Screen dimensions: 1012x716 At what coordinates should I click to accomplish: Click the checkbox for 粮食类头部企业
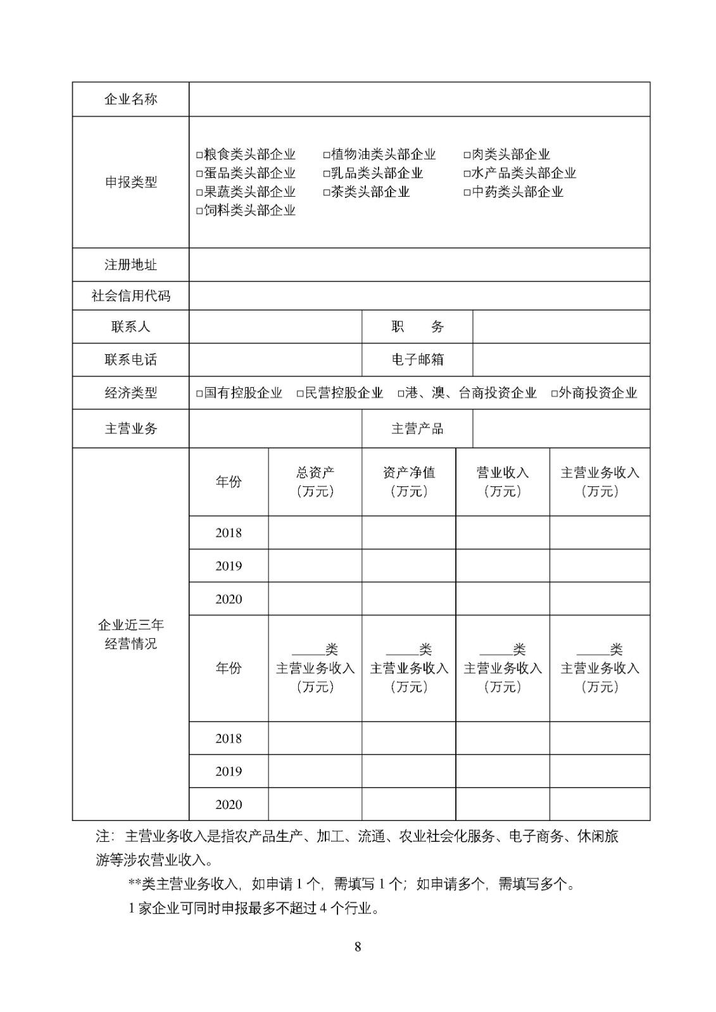point(199,155)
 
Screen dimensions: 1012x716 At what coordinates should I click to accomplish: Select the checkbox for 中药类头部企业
point(467,192)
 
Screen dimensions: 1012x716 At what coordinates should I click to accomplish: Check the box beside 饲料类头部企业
point(199,211)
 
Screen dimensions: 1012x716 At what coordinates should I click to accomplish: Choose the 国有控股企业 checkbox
point(199,393)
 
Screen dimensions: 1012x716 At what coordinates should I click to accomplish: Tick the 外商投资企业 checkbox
point(554,393)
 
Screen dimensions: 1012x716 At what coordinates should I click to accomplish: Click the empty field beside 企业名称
point(419,99)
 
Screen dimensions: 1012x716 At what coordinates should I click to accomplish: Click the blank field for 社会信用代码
point(419,295)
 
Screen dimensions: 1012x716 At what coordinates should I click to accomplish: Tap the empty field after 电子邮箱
point(561,360)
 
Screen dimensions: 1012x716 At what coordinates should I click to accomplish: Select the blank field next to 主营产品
point(561,429)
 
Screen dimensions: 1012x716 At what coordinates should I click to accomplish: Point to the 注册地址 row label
point(130,264)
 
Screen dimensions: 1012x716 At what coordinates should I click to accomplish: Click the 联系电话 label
point(130,360)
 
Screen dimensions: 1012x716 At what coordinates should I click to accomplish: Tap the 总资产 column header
point(315,481)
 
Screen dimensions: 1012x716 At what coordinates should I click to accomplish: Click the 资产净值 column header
point(408,481)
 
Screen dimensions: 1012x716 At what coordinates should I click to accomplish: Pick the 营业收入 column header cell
point(503,481)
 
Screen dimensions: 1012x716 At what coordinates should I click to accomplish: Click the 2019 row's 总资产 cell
point(315,565)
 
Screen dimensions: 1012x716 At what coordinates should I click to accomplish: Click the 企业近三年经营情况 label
point(130,634)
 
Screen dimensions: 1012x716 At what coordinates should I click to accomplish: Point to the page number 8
point(358,947)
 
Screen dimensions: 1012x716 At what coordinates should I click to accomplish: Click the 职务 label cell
point(417,327)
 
